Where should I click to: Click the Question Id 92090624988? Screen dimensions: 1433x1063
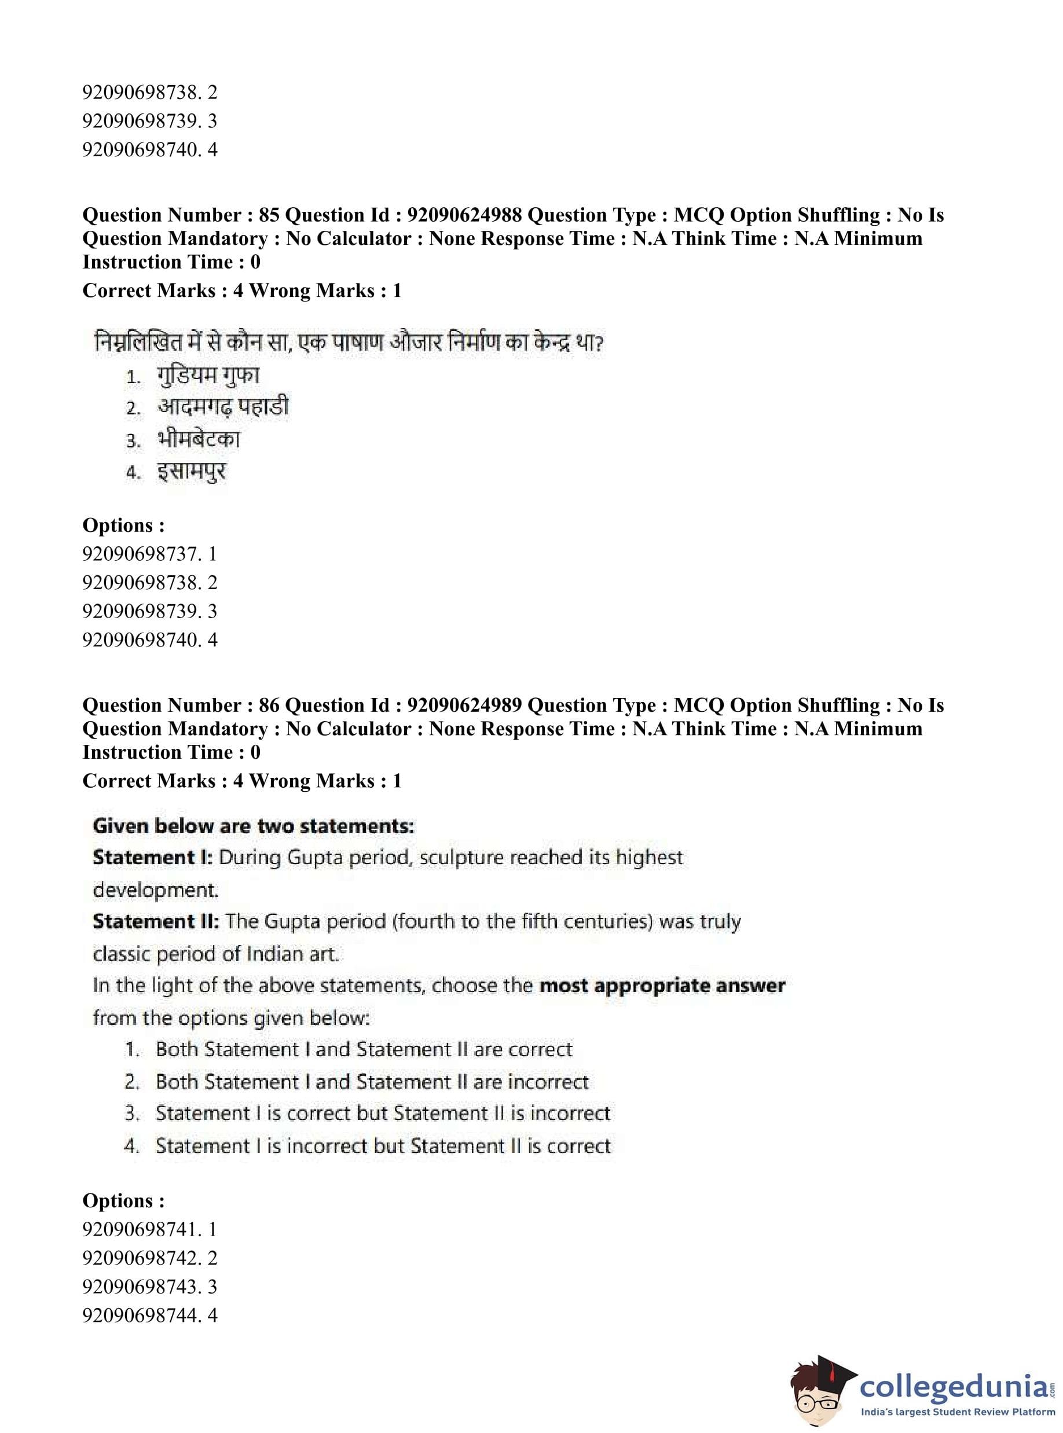coord(464,215)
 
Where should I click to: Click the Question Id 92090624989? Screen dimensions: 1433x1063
coord(464,705)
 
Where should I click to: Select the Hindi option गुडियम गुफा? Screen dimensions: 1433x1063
coord(207,376)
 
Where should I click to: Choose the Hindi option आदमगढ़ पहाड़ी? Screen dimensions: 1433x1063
coord(223,407)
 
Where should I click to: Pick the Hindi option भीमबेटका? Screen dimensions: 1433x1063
coord(198,440)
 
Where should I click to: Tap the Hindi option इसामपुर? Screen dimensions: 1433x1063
coord(191,472)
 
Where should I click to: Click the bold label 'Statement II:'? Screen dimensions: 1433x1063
coord(156,922)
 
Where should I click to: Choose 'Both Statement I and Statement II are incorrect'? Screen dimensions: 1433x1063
coord(372,1082)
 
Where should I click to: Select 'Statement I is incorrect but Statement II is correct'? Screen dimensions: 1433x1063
coord(383,1145)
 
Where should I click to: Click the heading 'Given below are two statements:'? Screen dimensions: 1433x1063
coord(253,826)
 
